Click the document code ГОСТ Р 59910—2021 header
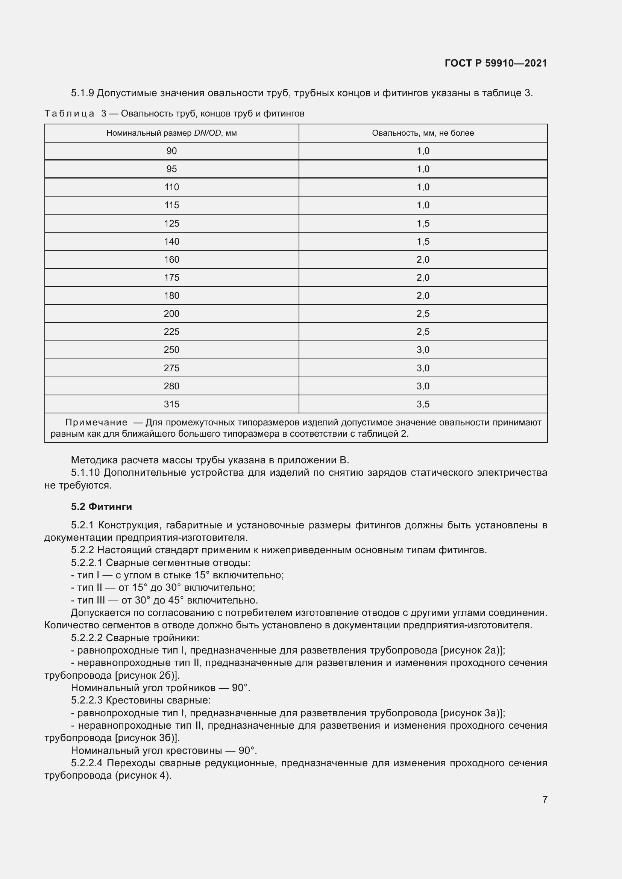(x=496, y=63)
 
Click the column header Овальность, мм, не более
(x=423, y=133)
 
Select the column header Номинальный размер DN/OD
(x=171, y=133)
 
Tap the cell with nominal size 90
(x=171, y=151)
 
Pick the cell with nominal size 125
(x=171, y=223)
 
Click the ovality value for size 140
(x=423, y=242)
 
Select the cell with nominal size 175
(x=171, y=278)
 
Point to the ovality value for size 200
(x=423, y=313)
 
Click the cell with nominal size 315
(x=171, y=404)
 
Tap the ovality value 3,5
(x=423, y=404)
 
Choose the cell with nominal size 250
(x=171, y=349)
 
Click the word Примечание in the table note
(x=96, y=422)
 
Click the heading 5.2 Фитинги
(x=101, y=507)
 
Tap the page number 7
(x=545, y=799)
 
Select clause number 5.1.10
(x=86, y=473)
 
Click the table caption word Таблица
(x=69, y=113)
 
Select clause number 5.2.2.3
(x=86, y=700)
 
